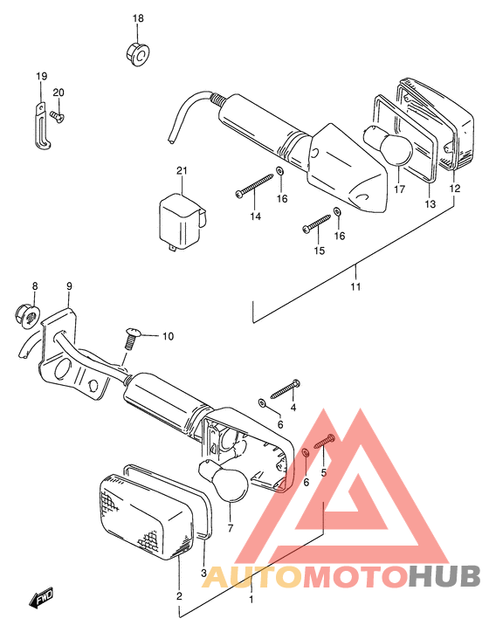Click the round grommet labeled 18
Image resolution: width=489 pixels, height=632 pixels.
pos(136,53)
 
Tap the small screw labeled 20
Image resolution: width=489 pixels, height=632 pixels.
pos(58,116)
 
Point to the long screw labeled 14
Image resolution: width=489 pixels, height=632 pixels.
pos(254,185)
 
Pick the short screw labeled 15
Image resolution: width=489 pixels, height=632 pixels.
pos(316,223)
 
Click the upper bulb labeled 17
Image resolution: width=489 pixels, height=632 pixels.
pos(389,146)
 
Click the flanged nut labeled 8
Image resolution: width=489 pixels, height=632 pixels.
pos(27,316)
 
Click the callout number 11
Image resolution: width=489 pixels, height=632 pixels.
pos(355,286)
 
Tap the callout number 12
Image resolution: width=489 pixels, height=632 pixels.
pos(455,189)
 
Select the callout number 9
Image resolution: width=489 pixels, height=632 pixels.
pos(69,286)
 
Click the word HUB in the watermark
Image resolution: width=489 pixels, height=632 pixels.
pos(444,575)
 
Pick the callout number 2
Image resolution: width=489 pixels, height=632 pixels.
pos(179,595)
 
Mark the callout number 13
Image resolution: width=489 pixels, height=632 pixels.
pos(430,204)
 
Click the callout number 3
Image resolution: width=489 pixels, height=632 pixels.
pos(203,573)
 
